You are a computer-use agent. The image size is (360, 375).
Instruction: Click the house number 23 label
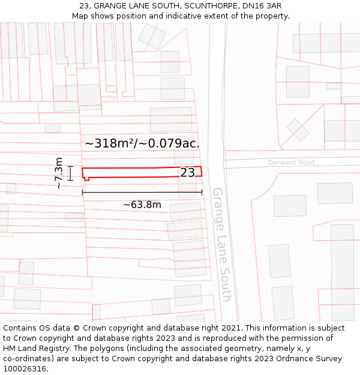188,173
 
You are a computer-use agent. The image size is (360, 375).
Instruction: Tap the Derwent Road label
292,163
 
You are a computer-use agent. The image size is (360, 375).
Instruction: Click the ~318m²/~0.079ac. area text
142,143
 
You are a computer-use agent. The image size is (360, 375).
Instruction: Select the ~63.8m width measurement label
142,205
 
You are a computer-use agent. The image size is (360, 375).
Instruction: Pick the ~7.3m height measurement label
59,173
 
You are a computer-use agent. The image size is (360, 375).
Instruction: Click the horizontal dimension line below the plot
142,192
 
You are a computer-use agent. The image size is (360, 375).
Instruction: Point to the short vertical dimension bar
70,173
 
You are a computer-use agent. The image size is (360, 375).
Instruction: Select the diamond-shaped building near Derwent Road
298,130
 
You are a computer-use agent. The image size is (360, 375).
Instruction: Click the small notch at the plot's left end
86,178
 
